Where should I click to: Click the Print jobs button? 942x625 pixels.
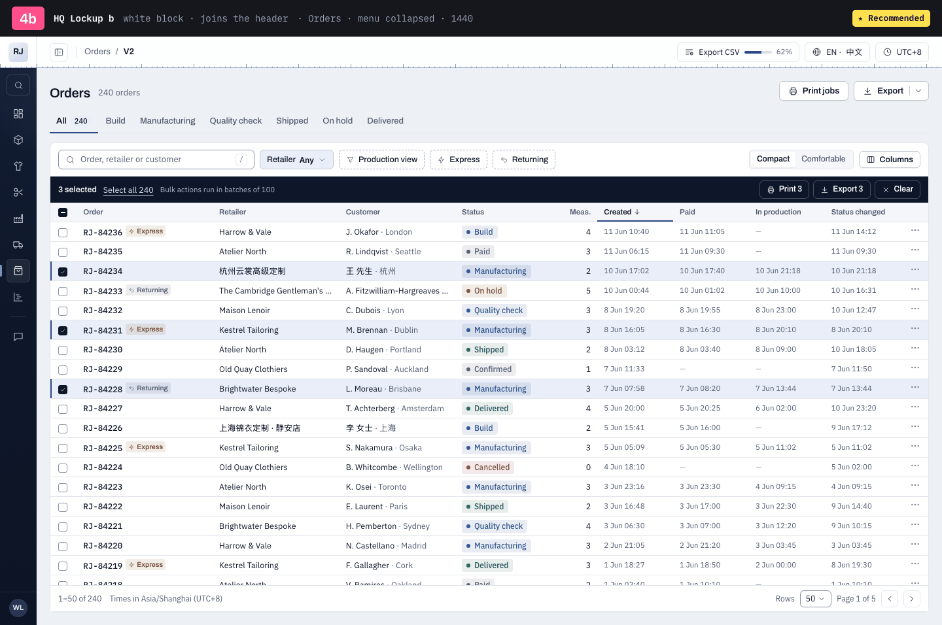(813, 91)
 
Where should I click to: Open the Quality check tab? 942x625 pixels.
(235, 121)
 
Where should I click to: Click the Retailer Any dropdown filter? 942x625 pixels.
(296, 160)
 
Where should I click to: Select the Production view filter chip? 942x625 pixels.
(381, 160)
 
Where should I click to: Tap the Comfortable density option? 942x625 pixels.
(823, 159)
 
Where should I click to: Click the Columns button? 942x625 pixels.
(889, 160)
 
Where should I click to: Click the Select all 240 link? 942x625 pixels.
(128, 190)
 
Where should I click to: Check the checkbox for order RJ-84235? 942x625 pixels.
(63, 252)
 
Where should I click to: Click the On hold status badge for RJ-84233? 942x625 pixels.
(484, 291)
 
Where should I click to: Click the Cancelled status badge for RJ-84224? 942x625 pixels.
(487, 467)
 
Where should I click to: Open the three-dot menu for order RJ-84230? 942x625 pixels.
(915, 348)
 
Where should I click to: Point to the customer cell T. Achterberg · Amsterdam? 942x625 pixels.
(394, 409)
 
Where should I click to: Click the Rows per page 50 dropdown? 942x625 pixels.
(815, 599)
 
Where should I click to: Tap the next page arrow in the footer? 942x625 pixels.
(911, 599)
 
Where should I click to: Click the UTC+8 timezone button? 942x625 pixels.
(902, 52)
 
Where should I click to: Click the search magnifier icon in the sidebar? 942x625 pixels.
(18, 86)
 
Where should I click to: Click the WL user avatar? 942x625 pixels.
(18, 608)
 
